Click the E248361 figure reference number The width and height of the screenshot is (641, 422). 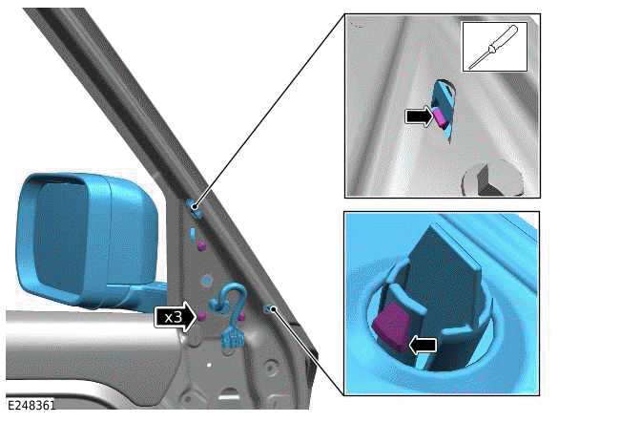click(x=31, y=405)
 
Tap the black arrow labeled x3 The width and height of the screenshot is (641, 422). click(x=176, y=317)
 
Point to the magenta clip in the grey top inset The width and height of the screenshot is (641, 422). click(x=440, y=116)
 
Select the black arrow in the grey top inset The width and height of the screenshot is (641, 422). click(x=419, y=116)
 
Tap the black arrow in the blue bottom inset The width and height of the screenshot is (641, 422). click(x=423, y=346)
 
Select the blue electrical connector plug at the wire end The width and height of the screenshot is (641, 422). click(x=231, y=339)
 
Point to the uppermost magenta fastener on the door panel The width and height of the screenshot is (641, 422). click(x=201, y=246)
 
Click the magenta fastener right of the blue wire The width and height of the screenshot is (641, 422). click(x=241, y=316)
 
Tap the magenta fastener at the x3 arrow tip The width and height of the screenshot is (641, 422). click(x=201, y=316)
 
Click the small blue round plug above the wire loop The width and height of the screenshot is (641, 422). click(x=206, y=281)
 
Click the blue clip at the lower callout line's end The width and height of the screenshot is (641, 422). click(x=270, y=309)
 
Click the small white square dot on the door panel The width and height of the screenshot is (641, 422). click(x=209, y=365)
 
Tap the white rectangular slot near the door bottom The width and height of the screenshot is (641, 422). click(x=229, y=397)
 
